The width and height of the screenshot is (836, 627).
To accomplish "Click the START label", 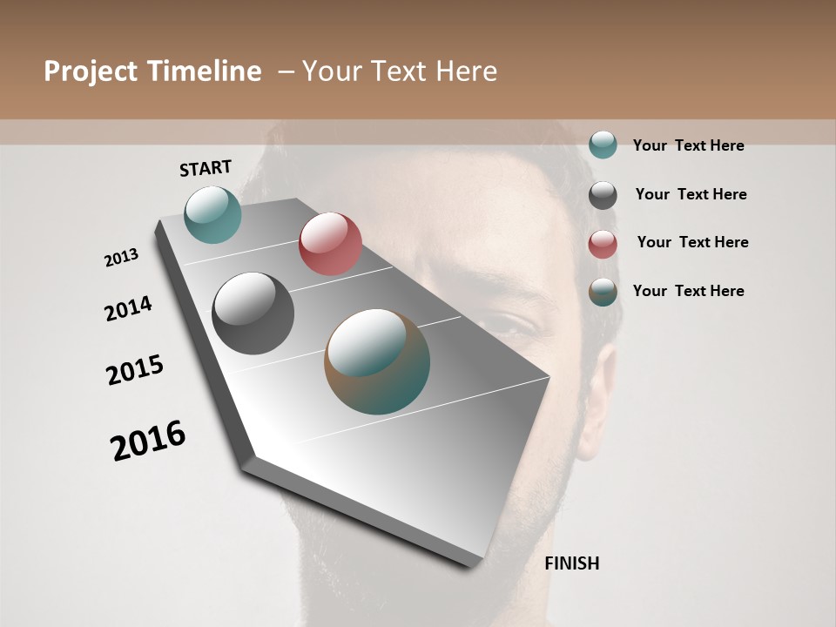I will pos(206,167).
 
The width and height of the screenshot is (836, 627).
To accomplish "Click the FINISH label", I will pos(571,563).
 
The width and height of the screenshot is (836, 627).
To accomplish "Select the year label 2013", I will pos(121,258).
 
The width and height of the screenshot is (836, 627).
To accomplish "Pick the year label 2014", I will pos(128,308).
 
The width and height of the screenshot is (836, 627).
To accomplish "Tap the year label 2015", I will pos(135,370).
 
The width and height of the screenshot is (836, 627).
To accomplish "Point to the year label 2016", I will pos(148,441).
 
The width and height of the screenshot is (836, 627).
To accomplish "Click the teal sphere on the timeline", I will pos(212,214).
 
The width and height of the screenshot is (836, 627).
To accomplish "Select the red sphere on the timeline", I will pos(330,243).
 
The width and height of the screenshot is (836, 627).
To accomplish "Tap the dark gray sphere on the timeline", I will pos(253,313).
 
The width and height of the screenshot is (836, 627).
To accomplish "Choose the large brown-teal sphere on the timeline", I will pos(377,361).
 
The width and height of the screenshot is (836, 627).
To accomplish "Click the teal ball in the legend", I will pos(603,145).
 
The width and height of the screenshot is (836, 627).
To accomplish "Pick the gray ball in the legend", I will pos(603,195).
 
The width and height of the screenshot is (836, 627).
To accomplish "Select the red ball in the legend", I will pos(603,244).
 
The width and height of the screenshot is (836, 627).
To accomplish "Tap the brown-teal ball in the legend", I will pos(603,292).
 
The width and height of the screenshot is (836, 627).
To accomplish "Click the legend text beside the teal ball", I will pos(688,145).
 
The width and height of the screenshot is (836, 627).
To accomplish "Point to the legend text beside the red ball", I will pos(692,242).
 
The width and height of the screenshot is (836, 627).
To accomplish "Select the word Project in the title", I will pos(91,71).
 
